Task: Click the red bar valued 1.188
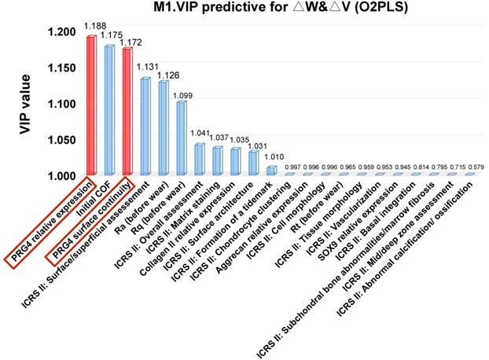pyautogui.click(x=91, y=105)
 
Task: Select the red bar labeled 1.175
pyautogui.click(x=109, y=110)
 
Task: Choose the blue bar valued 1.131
pyautogui.click(x=145, y=126)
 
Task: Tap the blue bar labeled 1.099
pyautogui.click(x=181, y=138)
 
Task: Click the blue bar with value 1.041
pyautogui.click(x=199, y=159)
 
